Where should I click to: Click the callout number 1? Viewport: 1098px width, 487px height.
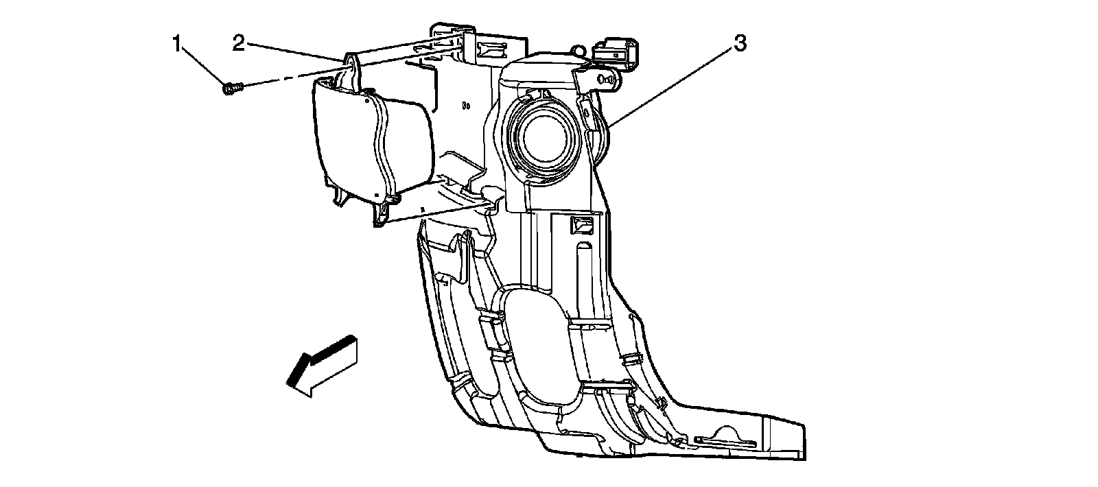pos(177,45)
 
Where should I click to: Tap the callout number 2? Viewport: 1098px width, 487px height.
pos(238,43)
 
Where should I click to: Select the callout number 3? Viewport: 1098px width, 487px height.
pos(739,44)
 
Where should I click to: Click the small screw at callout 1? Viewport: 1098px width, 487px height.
pos(231,88)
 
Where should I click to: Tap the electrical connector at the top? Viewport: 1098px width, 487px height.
pos(617,54)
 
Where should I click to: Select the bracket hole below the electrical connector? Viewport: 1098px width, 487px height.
pos(606,80)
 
